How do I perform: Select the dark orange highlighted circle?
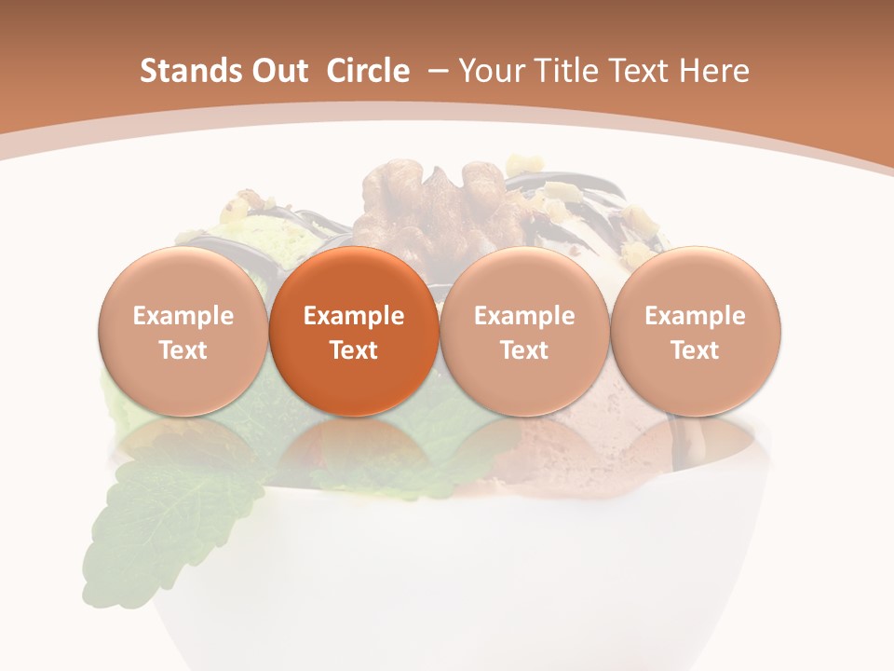point(354,331)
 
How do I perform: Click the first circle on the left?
point(183,331)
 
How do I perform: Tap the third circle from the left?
point(524,331)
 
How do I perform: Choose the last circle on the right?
point(695,331)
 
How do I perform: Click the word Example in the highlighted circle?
point(354,316)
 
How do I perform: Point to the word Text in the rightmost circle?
point(695,350)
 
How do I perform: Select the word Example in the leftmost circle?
point(183,316)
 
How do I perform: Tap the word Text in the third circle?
point(524,350)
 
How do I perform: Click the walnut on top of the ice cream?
point(438,200)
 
